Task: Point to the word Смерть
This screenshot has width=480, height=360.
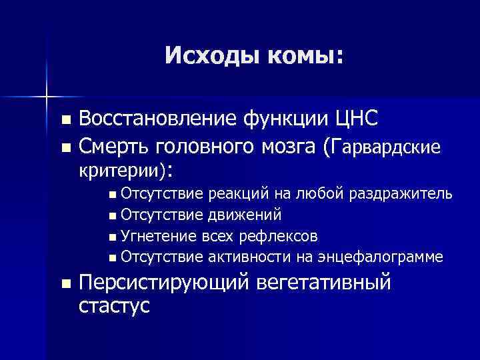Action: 115,145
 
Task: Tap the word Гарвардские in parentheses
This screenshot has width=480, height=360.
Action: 384,145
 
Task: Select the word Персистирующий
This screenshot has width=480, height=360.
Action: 161,283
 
